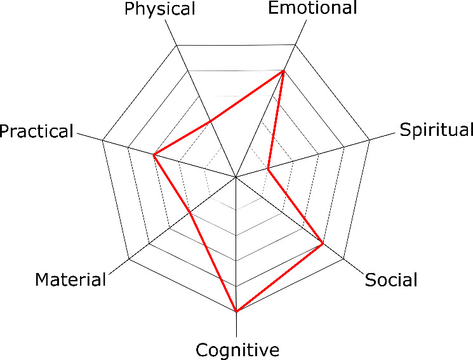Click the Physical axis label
(x=160, y=9)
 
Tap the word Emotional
(x=312, y=8)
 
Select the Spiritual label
(x=437, y=130)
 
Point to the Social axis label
(x=391, y=279)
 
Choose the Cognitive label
(x=237, y=350)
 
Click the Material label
(x=70, y=279)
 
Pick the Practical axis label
(x=37, y=131)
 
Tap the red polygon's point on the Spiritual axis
(x=269, y=170)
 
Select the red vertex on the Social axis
(x=323, y=244)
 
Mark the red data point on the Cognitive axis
(x=236, y=312)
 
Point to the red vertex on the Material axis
(x=190, y=214)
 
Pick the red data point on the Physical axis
(x=211, y=119)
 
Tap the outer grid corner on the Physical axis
(x=176, y=46)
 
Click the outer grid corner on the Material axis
(x=129, y=260)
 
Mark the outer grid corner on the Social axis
(x=343, y=260)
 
